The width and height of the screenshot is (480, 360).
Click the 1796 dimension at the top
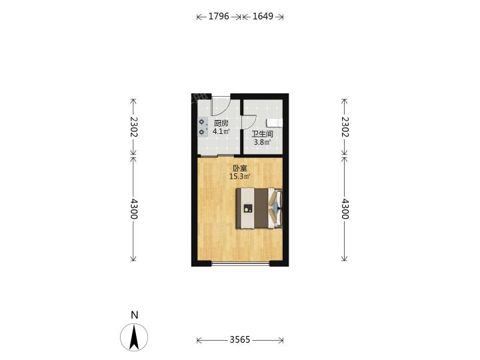click(x=219, y=16)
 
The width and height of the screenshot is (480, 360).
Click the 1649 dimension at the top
click(x=263, y=16)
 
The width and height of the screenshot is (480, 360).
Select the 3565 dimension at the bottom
click(x=240, y=339)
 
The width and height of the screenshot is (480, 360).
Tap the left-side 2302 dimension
click(x=133, y=127)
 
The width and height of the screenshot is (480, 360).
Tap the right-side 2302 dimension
click(x=345, y=127)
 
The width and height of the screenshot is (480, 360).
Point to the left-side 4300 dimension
click(x=133, y=209)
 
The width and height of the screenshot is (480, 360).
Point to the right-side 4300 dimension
click(x=345, y=209)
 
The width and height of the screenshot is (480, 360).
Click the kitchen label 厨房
click(x=221, y=123)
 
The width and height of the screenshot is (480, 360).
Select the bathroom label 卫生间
click(x=263, y=134)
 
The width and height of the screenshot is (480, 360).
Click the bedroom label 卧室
click(x=240, y=168)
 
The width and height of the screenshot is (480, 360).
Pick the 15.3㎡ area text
click(x=240, y=176)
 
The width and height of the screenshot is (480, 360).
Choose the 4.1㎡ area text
click(x=221, y=131)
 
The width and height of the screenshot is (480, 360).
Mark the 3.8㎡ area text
click(x=263, y=142)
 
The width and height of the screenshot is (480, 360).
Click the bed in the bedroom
click(x=259, y=208)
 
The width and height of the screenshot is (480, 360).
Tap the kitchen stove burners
click(x=202, y=127)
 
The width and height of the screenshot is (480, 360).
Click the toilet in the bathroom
click(x=275, y=123)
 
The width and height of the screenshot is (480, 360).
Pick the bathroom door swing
click(x=249, y=122)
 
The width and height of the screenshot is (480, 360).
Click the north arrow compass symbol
click(x=134, y=337)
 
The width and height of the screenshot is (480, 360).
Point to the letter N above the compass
click(x=135, y=315)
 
